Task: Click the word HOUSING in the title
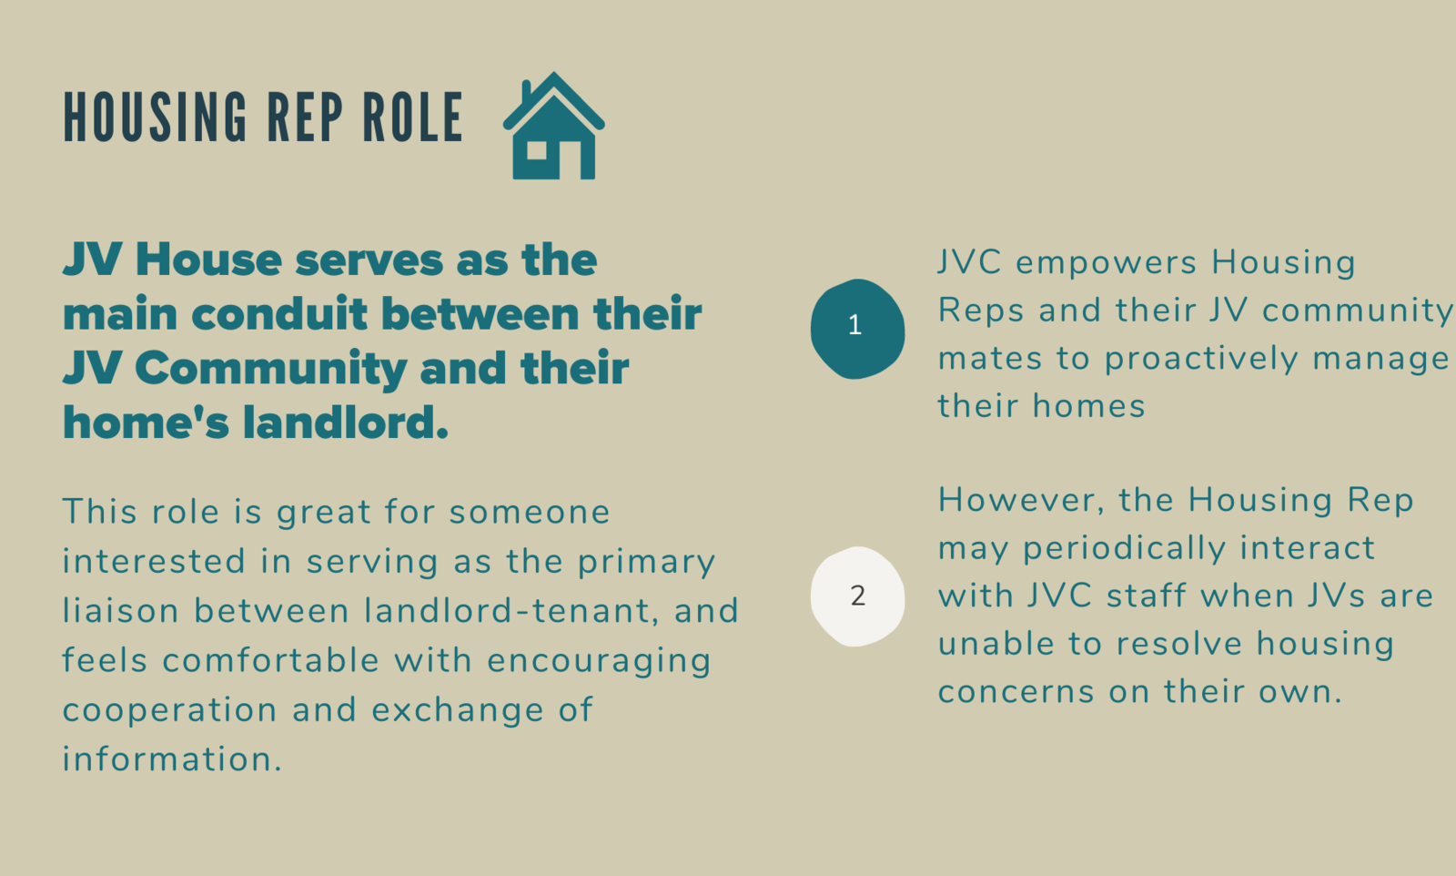click(x=155, y=117)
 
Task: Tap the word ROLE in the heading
click(x=412, y=117)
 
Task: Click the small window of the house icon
click(x=536, y=150)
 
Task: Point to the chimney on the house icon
click(x=527, y=92)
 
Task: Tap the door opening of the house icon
click(x=570, y=160)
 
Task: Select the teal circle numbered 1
click(x=857, y=329)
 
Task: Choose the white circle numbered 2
click(x=857, y=596)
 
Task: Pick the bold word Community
click(x=270, y=370)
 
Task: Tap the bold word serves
click(x=369, y=260)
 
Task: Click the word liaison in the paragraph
click(x=120, y=611)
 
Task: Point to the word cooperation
click(x=169, y=709)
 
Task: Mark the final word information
click(x=172, y=759)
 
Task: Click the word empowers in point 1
click(x=1106, y=263)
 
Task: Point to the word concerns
click(x=1016, y=692)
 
